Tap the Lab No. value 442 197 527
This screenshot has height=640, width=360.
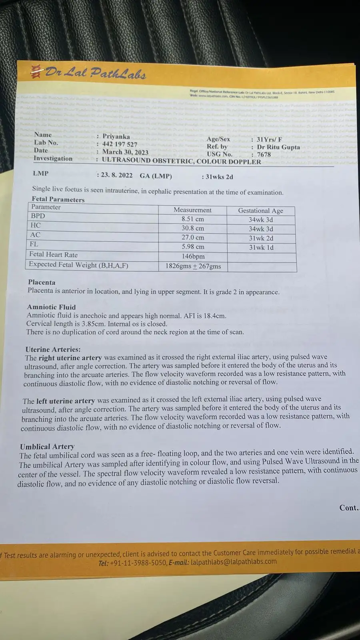pos(120,144)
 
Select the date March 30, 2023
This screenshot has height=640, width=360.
pos(125,152)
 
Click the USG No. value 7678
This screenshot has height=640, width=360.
pos(264,154)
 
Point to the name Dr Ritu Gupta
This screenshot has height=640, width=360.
pos(278,147)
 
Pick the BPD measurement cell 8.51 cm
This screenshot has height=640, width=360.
pos(192,219)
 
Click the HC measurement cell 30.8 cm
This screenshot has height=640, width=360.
pos(192,228)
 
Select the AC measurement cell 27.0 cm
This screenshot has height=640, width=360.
pos(193,238)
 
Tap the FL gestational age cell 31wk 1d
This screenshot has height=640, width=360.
pos(261,247)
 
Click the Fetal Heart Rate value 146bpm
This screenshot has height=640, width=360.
pos(193,256)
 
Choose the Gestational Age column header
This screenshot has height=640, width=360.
pos(260,210)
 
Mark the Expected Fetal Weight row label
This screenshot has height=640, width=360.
pos(78,265)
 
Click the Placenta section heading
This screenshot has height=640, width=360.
pos(42,282)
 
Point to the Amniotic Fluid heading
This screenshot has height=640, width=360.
pos(51,307)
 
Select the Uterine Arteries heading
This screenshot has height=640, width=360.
pos(53,349)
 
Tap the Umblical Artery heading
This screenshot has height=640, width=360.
pos(47,446)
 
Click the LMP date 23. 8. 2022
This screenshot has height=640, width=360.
pos(116,175)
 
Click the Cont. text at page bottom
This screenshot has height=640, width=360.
pos(349,508)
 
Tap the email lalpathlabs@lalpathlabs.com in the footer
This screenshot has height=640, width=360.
pos(234,561)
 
